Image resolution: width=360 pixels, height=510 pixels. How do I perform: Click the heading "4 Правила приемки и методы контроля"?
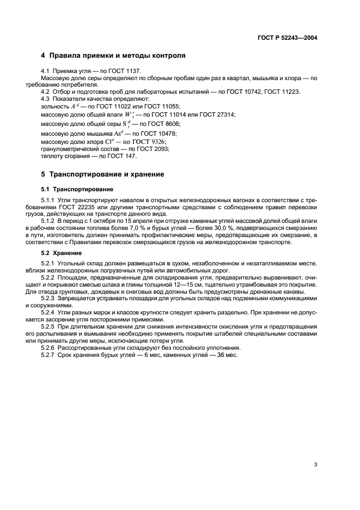point(113,56)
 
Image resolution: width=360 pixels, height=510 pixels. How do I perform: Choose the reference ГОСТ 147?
point(124,156)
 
